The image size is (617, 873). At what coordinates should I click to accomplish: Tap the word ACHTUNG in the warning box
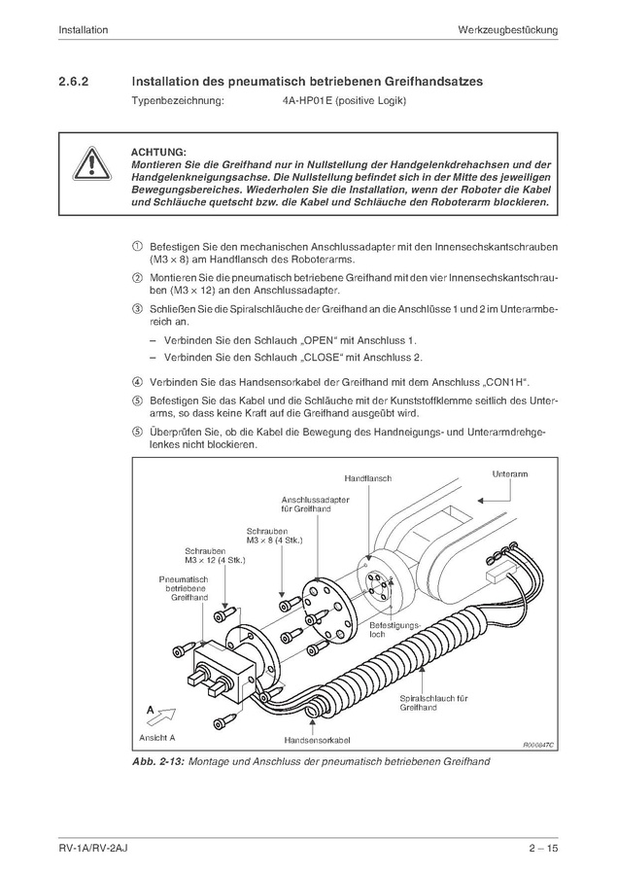[157, 153]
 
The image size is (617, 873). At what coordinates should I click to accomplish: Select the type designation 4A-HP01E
[301, 102]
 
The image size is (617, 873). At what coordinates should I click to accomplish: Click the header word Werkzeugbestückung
[507, 30]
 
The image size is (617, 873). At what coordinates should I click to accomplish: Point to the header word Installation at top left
[83, 30]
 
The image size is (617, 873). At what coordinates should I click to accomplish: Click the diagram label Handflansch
[366, 479]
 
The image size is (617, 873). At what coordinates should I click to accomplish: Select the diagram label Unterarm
[510, 473]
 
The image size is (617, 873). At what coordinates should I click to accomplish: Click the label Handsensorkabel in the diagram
[311, 740]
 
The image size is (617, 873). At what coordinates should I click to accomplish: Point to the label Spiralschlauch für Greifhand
[434, 703]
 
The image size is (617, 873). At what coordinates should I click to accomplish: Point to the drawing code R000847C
[535, 744]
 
